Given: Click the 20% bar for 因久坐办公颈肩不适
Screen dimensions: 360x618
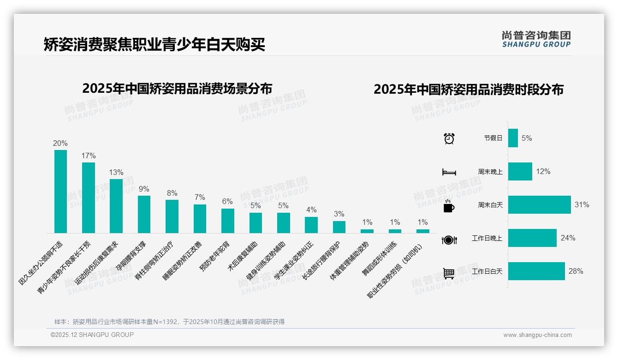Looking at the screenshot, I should (60, 191).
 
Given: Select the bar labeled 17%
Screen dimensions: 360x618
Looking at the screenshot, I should (89, 198).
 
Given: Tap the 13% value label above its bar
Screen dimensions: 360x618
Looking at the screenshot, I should (116, 172).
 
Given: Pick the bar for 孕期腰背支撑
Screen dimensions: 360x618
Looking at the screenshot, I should (144, 214).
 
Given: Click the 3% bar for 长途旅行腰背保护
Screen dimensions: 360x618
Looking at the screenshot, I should (339, 227).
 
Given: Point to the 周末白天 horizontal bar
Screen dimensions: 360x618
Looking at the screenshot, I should (539, 204).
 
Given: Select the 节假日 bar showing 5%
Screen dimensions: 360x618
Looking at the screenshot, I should (513, 138).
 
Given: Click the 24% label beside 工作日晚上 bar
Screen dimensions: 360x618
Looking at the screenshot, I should (568, 238).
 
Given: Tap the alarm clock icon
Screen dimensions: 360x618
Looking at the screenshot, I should (449, 138).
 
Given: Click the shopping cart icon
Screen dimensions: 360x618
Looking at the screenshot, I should (449, 273).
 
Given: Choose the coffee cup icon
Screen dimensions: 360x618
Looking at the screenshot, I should (449, 206).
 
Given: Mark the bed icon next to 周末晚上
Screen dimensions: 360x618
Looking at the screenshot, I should (449, 172).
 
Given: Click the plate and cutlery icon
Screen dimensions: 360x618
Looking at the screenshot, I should (449, 240).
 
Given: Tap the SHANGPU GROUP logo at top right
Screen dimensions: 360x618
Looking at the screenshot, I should (536, 39).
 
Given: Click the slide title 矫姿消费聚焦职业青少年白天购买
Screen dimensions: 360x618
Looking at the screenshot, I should (154, 44).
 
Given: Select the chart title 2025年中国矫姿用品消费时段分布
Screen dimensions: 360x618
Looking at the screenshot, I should (469, 90).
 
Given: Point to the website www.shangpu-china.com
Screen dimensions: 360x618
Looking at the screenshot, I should (537, 335).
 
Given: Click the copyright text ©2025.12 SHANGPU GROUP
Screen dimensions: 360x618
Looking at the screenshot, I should (92, 335).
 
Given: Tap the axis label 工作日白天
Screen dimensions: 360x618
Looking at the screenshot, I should (487, 271).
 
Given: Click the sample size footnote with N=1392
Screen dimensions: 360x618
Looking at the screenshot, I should (169, 322).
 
